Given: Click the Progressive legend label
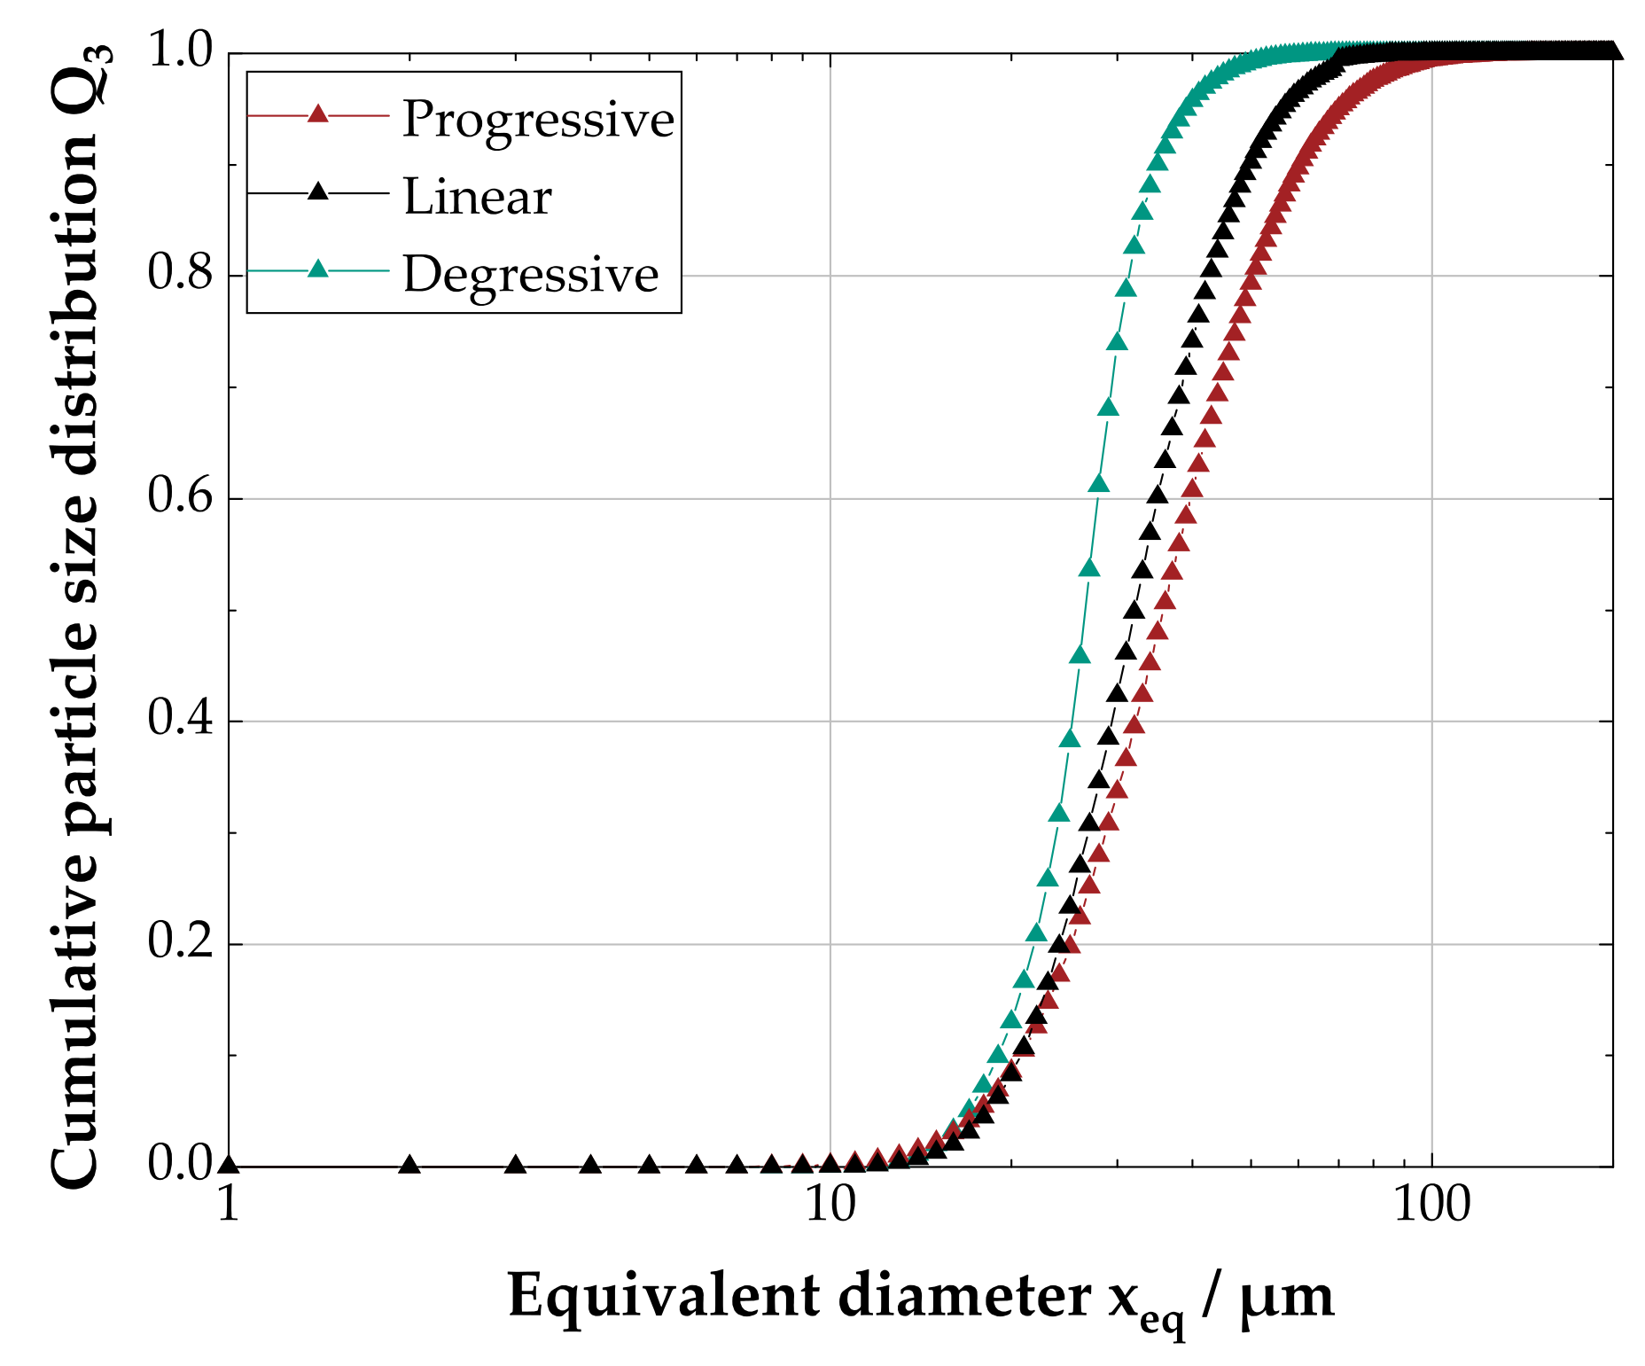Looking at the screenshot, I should click(537, 120).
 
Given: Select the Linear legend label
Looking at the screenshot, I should click(477, 197).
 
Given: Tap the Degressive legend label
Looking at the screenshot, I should click(530, 275).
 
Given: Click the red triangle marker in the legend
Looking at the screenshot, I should click(318, 114).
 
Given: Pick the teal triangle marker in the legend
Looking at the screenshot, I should click(318, 269).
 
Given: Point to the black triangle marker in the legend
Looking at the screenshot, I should click(318, 191).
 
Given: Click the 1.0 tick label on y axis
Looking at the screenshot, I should click(180, 51).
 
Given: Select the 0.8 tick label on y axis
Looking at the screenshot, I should click(180, 273).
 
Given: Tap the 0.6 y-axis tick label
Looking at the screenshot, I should click(180, 496).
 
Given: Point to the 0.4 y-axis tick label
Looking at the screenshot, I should click(180, 719).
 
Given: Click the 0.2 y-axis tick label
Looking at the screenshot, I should click(180, 942).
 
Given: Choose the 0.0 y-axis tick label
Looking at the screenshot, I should click(180, 1165).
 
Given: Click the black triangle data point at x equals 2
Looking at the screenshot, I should click(409, 1165).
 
